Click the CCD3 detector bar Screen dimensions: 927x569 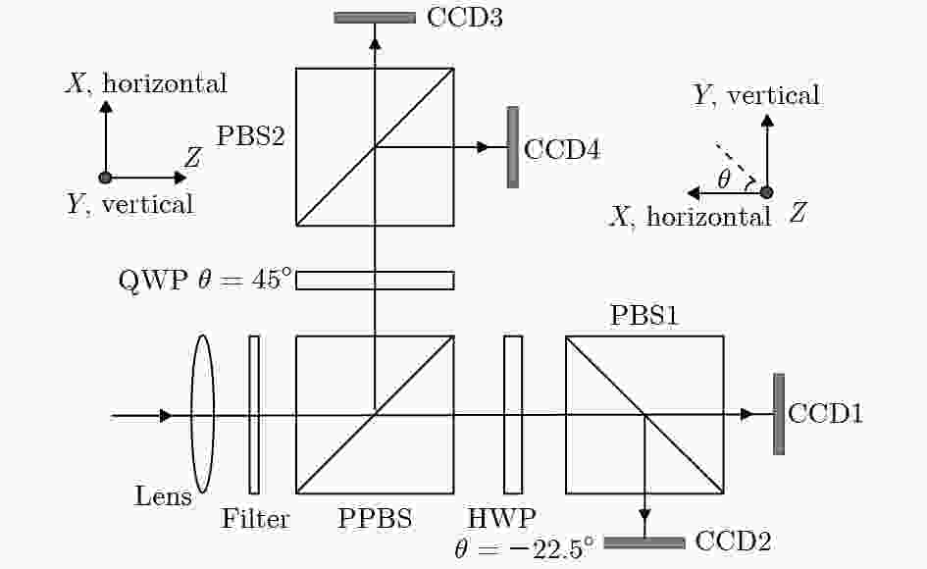(375, 18)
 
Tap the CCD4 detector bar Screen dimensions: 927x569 (513, 147)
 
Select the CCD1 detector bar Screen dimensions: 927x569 (779, 414)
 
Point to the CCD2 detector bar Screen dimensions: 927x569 (644, 543)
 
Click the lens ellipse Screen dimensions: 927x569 (203, 414)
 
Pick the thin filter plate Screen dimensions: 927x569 (254, 415)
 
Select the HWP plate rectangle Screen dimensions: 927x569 (513, 415)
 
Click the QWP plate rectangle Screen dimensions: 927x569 (375, 281)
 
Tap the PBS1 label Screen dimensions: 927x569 (644, 315)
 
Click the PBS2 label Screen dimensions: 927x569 (251, 136)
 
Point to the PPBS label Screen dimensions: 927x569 (375, 519)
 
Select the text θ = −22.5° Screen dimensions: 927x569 (524, 547)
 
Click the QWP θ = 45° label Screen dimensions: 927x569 (205, 280)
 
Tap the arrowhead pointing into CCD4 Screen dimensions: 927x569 (484, 147)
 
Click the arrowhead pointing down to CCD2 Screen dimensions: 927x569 (644, 514)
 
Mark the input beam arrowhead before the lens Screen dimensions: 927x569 (166, 416)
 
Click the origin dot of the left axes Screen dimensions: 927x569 (105, 178)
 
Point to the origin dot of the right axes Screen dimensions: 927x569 (767, 192)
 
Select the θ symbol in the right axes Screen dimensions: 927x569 (724, 179)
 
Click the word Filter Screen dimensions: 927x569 (255, 519)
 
